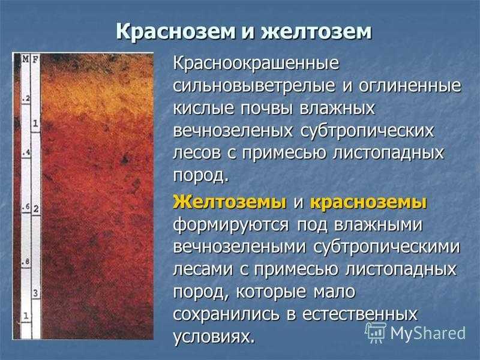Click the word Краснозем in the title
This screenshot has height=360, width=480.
pyautogui.click(x=175, y=32)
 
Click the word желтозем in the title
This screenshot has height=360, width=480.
pyautogui.click(x=316, y=32)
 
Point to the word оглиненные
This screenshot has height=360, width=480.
pyautogui.click(x=410, y=86)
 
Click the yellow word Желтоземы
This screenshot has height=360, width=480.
pyautogui.click(x=230, y=202)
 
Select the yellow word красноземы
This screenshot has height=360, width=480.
pyautogui.click(x=368, y=203)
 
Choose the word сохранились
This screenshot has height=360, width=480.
pyautogui.click(x=226, y=314)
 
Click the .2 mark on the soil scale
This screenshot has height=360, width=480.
pyautogui.click(x=26, y=98)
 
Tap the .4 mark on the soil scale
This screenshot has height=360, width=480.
pyautogui.click(x=26, y=152)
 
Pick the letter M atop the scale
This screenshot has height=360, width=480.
pyautogui.click(x=26, y=59)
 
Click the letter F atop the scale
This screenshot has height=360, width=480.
pyautogui.click(x=35, y=59)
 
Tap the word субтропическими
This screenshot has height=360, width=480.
pyautogui.click(x=386, y=247)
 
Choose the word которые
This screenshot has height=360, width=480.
pyautogui.click(x=271, y=292)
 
